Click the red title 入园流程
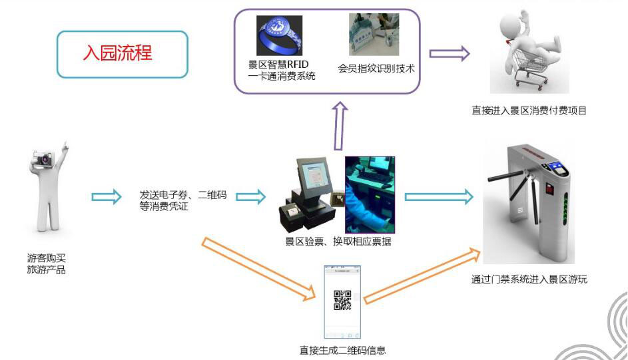click(118, 53)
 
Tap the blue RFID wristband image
click(279, 35)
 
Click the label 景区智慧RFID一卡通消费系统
click(282, 70)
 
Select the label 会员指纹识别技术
click(376, 69)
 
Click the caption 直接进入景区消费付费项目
click(529, 110)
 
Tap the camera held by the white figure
click(43, 159)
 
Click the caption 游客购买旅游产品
click(46, 264)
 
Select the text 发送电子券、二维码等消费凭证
click(183, 200)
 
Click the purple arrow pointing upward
click(340, 126)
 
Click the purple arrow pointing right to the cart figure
click(450, 54)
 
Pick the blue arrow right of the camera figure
click(106, 197)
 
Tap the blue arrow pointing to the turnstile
click(439, 197)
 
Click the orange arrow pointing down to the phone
click(258, 269)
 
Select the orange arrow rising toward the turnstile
click(422, 276)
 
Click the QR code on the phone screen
click(342, 300)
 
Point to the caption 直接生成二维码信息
click(342, 351)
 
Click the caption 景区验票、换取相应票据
click(338, 241)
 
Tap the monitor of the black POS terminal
click(315, 176)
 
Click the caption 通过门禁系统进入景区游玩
click(529, 279)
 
